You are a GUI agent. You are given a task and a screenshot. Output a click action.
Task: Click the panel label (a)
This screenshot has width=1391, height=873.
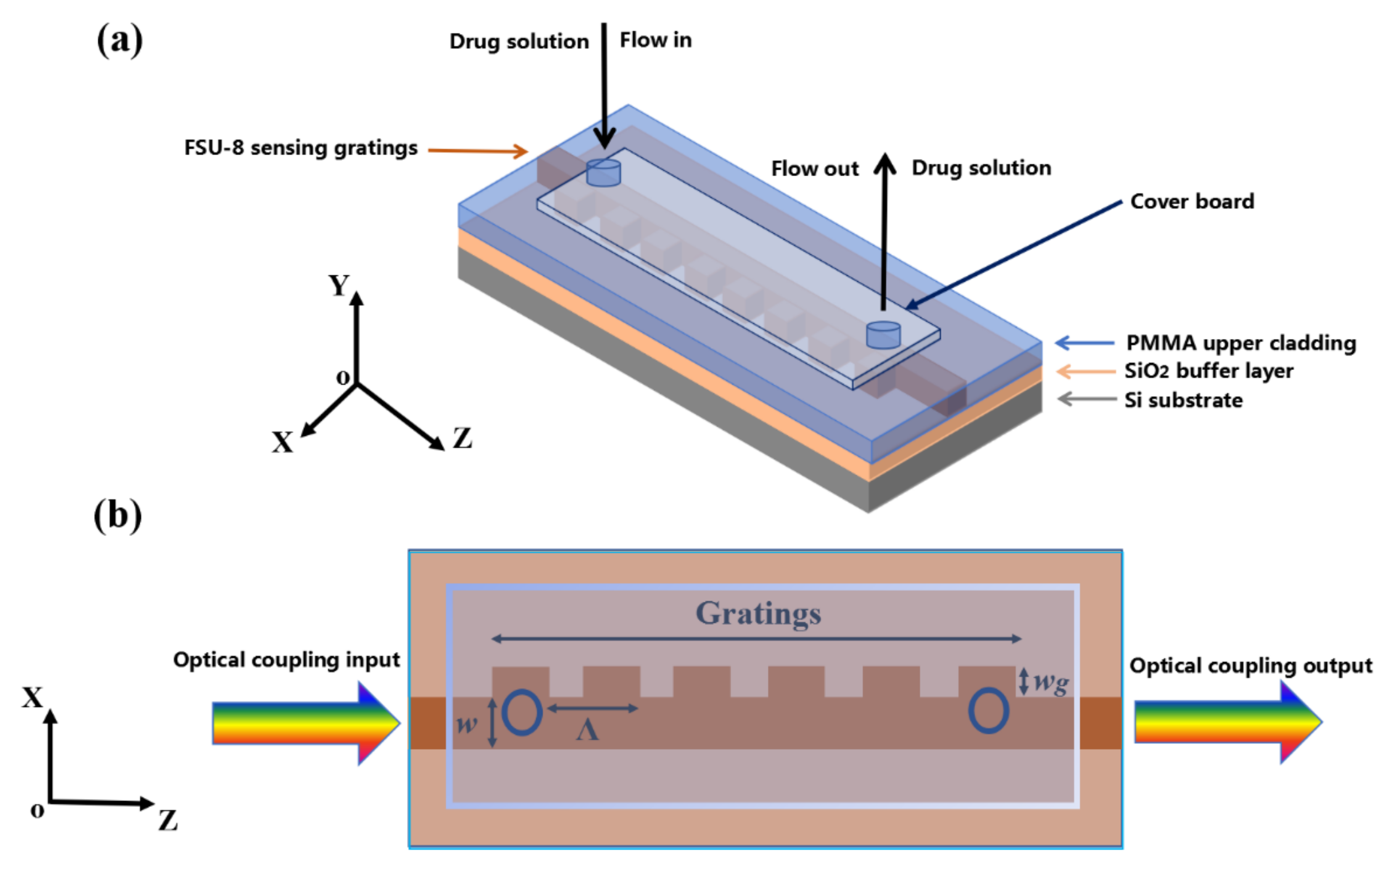click(x=119, y=40)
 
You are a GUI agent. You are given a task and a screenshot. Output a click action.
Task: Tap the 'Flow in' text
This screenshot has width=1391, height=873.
click(x=655, y=40)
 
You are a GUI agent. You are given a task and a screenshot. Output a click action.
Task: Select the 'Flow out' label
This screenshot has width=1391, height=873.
click(x=815, y=169)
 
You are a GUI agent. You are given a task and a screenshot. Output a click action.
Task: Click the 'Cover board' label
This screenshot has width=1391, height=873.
click(x=1191, y=201)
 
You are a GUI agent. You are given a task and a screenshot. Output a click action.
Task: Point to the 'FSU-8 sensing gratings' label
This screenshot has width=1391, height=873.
click(x=301, y=148)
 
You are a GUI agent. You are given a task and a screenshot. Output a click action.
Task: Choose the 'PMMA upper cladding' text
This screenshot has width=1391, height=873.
click(x=1241, y=343)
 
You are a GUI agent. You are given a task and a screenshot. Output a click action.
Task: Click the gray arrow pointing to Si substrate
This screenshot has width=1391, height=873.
click(x=1086, y=399)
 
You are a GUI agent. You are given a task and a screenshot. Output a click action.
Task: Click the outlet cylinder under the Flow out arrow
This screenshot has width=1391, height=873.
click(x=883, y=335)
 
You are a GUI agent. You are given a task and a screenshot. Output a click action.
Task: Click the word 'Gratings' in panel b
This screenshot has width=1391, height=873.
click(x=758, y=613)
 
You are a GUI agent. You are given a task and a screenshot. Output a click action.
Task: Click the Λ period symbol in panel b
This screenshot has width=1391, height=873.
click(x=587, y=731)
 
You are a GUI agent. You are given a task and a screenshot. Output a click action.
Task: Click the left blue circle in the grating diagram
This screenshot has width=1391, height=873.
click(x=522, y=712)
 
